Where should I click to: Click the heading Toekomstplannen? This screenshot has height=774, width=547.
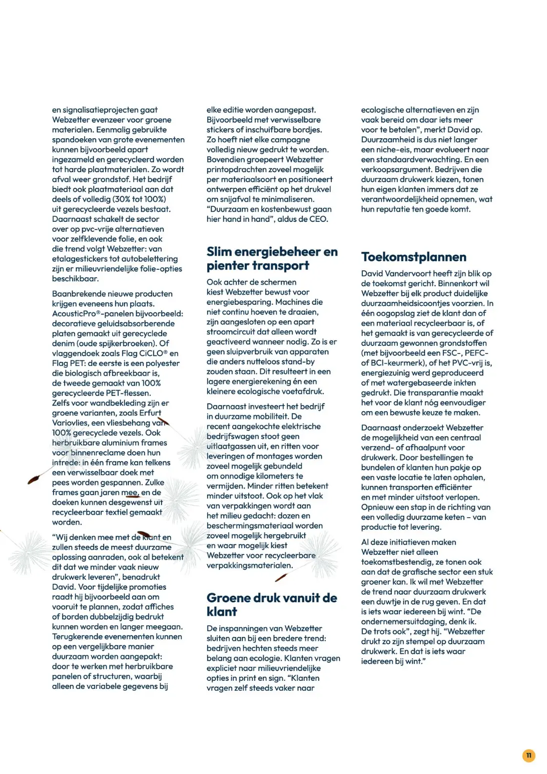pos(413,257)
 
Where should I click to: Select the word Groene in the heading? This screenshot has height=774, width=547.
pos(228,598)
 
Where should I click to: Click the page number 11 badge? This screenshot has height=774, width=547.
pos(528,755)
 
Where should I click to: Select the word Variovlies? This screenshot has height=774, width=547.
pos(70,423)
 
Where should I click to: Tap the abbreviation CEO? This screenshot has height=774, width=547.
pos(318,219)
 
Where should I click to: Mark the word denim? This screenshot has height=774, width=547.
pos(64,343)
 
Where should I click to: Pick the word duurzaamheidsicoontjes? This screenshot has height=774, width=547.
pos(422,303)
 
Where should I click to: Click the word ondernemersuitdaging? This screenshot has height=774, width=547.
pos(403,621)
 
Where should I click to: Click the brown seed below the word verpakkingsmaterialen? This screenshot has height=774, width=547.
pos(281,578)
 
